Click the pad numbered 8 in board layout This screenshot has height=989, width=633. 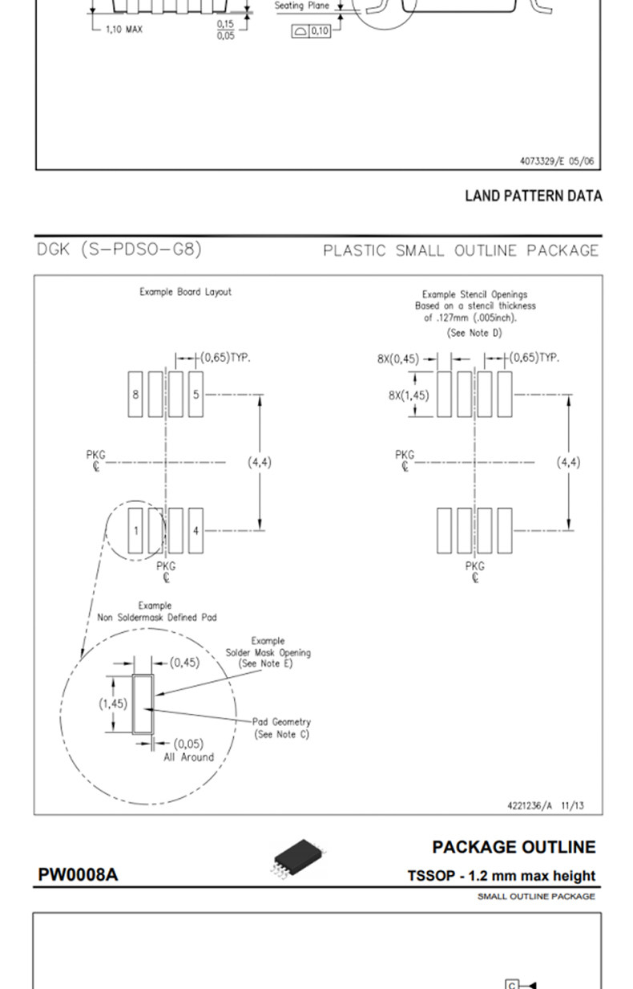point(136,394)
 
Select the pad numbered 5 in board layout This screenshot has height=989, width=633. point(196,394)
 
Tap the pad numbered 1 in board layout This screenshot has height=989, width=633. point(136,530)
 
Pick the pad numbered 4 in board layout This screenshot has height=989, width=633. point(196,530)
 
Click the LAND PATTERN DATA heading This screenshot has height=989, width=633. point(533,196)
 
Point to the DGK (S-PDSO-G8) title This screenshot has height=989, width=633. point(119,249)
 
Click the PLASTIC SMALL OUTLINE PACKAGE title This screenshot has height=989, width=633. point(461,250)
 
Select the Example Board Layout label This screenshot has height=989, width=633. point(185,292)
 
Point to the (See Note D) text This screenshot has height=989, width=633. point(474,333)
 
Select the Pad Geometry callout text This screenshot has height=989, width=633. point(281,722)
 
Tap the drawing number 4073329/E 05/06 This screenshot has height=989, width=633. point(557,161)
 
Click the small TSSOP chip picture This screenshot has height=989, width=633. point(300,857)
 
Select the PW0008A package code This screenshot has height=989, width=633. point(78,874)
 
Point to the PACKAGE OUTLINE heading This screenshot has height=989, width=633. point(514,847)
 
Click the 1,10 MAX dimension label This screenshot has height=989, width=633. point(123,30)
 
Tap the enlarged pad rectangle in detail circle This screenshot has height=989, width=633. point(143,704)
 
